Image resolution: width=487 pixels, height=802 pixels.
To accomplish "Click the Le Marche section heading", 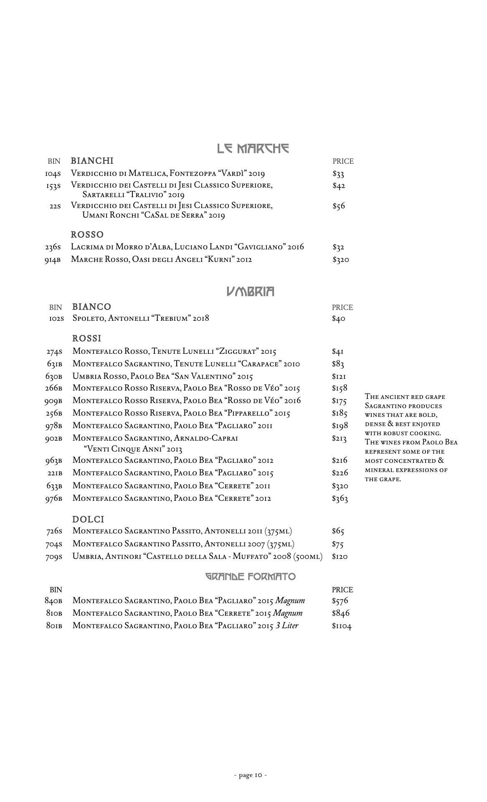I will tap(253, 148).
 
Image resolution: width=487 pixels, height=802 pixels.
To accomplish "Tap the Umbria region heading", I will tap(251, 291).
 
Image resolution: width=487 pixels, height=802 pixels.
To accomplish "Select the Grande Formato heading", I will tap(251, 577).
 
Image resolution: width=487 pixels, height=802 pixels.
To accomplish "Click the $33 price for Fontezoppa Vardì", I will tap(338, 174).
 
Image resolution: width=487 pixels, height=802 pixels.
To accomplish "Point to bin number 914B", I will tap(53, 260).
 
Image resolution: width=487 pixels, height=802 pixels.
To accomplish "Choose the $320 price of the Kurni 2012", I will tap(341, 260).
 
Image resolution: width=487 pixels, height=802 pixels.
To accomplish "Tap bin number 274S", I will tap(54, 352).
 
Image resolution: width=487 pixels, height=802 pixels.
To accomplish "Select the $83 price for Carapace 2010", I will tap(338, 364).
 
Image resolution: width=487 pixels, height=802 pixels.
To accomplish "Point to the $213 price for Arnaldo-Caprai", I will tap(339, 439).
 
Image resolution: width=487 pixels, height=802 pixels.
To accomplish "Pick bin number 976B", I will tap(54, 499).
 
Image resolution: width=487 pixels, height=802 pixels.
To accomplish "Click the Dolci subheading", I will tap(88, 520).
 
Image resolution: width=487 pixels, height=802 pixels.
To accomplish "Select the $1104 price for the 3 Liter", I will tap(342, 626).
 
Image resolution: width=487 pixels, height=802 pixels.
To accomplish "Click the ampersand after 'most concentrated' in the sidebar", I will tap(441, 461).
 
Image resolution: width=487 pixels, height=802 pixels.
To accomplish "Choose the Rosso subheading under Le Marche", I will tap(87, 235).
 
